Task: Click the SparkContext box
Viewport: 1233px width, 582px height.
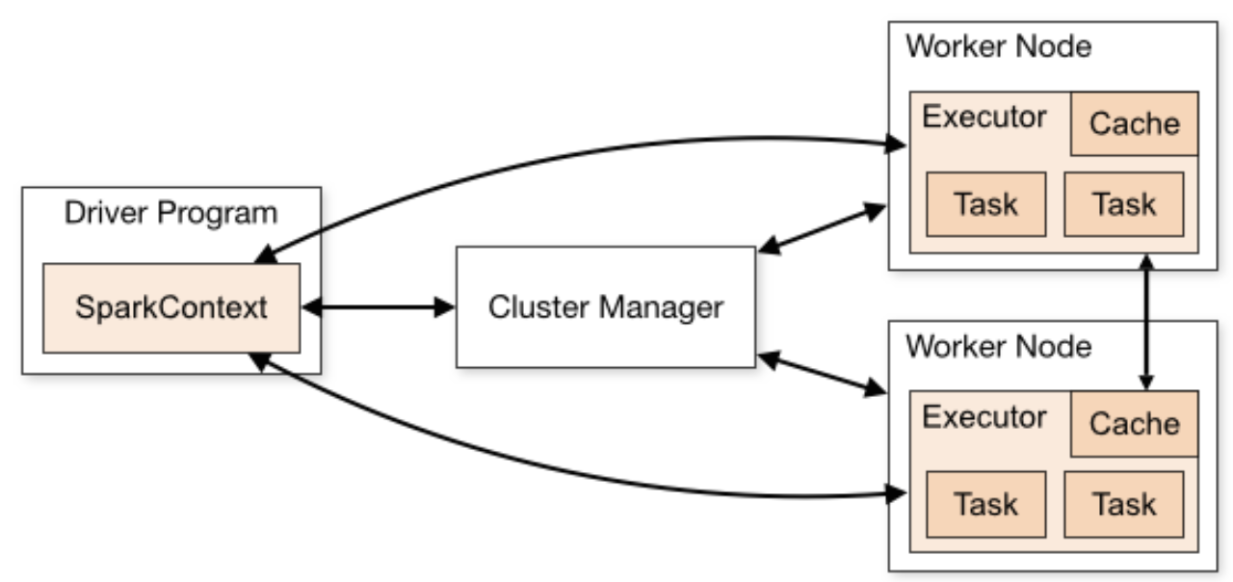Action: tap(171, 308)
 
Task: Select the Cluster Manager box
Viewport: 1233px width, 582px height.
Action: tap(606, 307)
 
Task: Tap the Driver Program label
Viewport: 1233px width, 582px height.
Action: tap(171, 213)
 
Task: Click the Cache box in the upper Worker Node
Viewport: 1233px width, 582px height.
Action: tap(1135, 124)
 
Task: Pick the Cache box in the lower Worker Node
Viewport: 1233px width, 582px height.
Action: tap(1135, 424)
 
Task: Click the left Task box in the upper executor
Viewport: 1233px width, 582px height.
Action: tap(986, 204)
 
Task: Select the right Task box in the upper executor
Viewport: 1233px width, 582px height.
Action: tap(1124, 204)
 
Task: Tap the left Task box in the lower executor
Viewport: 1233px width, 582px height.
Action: tap(986, 504)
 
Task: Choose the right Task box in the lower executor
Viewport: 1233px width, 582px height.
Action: tap(1124, 504)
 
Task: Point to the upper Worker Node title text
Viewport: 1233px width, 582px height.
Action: tap(999, 46)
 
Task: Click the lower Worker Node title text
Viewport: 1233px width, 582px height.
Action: tap(999, 346)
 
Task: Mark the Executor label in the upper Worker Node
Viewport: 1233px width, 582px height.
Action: tap(984, 117)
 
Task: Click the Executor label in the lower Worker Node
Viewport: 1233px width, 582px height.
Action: tap(984, 417)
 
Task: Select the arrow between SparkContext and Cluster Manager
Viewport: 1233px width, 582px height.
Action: tap(379, 307)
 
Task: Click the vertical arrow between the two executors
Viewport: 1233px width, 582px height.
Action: tap(1146, 322)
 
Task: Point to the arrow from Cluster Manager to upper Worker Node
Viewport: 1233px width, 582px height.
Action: tap(822, 228)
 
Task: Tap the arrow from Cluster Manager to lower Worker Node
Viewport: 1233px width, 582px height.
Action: tap(822, 373)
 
